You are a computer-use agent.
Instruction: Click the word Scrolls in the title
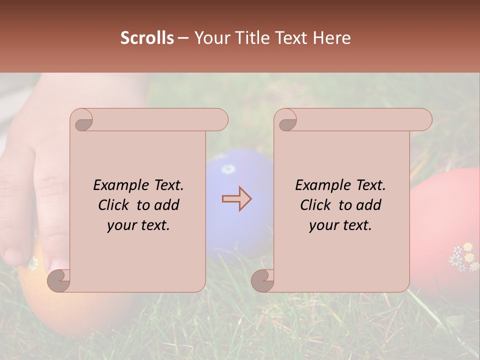click(x=147, y=38)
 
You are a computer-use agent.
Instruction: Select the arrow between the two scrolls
click(x=236, y=199)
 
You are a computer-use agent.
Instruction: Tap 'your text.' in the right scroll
click(x=340, y=225)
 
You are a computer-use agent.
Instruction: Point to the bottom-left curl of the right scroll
click(x=263, y=280)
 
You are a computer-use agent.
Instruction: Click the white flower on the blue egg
click(x=228, y=169)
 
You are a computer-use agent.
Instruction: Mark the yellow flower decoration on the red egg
click(x=467, y=247)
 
